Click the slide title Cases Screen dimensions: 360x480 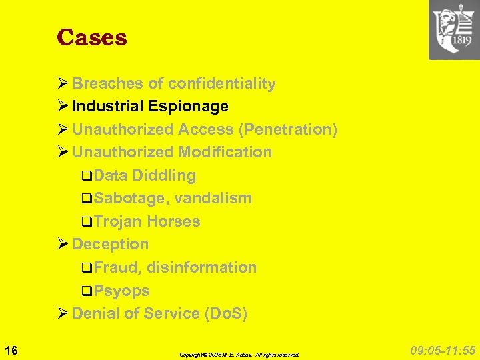coord(91,37)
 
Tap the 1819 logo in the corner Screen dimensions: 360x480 coord(453,29)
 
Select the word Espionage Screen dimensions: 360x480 coord(189,106)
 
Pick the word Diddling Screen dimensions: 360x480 coord(164,175)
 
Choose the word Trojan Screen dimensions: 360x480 coord(117,221)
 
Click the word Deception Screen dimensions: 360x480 coord(110,244)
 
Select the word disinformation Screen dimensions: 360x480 coord(201,267)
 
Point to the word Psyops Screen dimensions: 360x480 coord(121,291)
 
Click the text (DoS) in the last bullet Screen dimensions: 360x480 coord(226,313)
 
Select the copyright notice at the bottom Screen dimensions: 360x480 coord(239,355)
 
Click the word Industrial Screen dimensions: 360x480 coord(108,106)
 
